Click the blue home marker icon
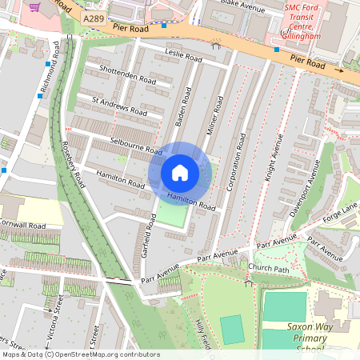(x=180, y=173)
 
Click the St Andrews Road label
(x=119, y=106)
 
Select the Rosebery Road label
(x=74, y=163)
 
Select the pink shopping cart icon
(x=34, y=6)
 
